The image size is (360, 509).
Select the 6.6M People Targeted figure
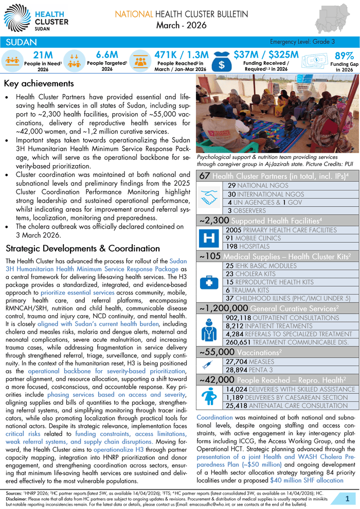[x=107, y=54]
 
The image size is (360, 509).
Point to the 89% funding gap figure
[x=344, y=56]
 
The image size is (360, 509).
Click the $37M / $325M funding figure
[x=266, y=54]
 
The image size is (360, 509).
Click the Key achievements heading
[x=39, y=84]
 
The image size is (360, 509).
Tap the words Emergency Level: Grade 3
[x=302, y=42]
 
